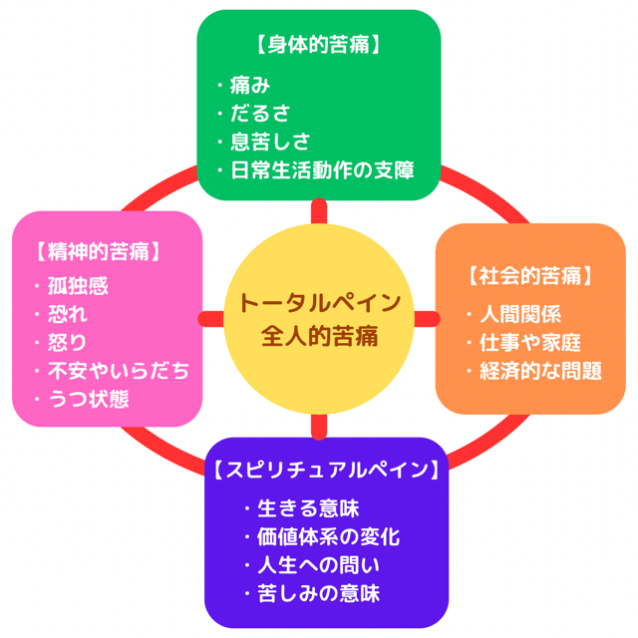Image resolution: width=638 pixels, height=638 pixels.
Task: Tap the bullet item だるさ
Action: pyautogui.click(x=264, y=113)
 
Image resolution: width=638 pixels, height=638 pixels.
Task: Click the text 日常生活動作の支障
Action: pyautogui.click(x=321, y=168)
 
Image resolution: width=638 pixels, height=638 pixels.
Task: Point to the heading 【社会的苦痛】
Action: pyautogui.click(x=531, y=276)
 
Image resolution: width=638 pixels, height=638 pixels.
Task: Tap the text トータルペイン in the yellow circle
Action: pyautogui.click(x=320, y=302)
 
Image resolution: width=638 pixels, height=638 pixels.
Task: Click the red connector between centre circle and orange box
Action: pyautogui.click(x=426, y=318)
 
